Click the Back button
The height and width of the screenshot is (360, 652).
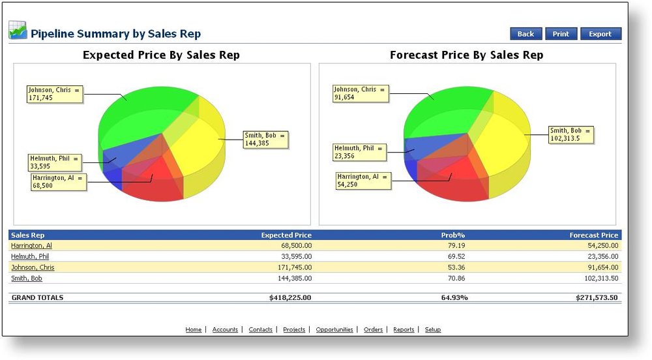click(x=526, y=34)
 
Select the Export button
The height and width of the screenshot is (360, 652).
click(x=600, y=34)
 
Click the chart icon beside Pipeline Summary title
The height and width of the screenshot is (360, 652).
click(x=18, y=30)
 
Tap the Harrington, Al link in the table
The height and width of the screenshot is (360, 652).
click(x=31, y=245)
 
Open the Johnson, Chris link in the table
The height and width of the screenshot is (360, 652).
click(x=33, y=267)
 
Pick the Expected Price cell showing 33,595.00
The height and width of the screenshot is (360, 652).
click(x=289, y=256)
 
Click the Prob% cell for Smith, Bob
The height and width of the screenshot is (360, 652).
click(x=456, y=278)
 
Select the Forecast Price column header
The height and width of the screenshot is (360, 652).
click(x=593, y=235)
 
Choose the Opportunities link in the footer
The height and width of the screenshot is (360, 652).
click(x=334, y=330)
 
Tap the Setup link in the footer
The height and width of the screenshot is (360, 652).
click(x=433, y=330)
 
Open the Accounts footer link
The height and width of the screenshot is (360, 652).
click(x=225, y=330)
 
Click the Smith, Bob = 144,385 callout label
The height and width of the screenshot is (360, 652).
click(x=265, y=140)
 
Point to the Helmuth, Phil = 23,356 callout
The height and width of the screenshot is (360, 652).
click(x=359, y=152)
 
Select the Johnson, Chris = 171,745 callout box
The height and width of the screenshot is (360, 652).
click(x=55, y=94)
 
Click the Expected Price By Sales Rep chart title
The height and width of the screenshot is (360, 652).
click(x=161, y=55)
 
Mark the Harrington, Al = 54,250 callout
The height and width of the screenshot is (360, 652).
click(x=364, y=181)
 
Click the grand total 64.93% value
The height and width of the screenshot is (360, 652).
click(x=454, y=297)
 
